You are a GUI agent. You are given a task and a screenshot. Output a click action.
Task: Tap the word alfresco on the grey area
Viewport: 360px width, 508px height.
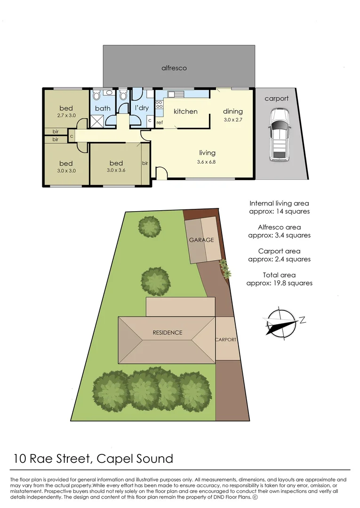click(x=174, y=68)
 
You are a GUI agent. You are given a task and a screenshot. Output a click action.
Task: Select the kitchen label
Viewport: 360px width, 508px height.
click(x=185, y=111)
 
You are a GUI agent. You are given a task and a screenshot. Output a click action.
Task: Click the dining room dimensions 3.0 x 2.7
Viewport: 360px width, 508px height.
click(x=233, y=120)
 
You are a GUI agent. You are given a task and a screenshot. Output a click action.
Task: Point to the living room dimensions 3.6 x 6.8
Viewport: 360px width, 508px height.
click(x=207, y=162)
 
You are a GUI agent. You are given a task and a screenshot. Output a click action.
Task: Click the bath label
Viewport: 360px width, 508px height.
click(x=103, y=109)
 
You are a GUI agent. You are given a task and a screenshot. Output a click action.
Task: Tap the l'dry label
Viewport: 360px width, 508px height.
click(x=142, y=109)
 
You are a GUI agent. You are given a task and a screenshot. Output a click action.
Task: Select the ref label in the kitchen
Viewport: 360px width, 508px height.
click(x=160, y=123)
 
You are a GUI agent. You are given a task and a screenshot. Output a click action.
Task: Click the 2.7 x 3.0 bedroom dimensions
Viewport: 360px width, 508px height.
click(x=66, y=115)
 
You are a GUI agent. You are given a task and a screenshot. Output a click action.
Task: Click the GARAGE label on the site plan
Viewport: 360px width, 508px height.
click(x=201, y=240)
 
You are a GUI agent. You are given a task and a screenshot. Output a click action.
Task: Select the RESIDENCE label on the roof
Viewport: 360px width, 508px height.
click(x=167, y=333)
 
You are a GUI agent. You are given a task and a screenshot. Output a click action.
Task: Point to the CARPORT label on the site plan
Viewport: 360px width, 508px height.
click(x=225, y=339)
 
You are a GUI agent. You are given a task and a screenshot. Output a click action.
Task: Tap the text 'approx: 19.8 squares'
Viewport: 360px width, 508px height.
click(x=280, y=283)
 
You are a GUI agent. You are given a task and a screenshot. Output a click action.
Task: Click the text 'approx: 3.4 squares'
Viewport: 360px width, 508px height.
click(x=280, y=235)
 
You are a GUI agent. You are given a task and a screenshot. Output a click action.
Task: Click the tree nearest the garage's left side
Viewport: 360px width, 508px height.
click(x=151, y=227)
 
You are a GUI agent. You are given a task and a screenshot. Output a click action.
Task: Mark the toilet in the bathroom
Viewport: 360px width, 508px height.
click(x=96, y=96)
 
